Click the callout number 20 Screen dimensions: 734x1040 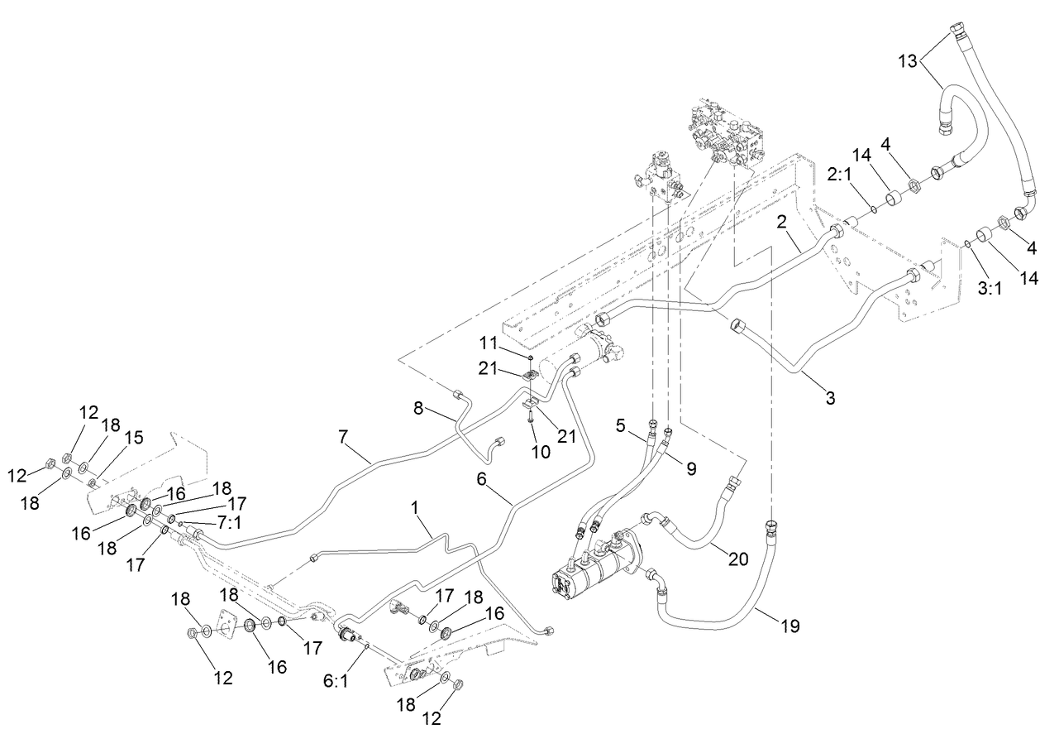tap(737, 559)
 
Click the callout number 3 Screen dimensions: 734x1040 tap(830, 398)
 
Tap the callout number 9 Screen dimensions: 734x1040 tap(689, 468)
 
